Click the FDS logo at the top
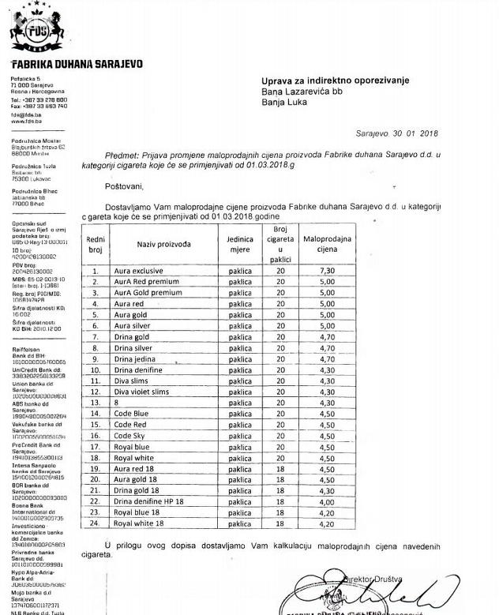(37, 31)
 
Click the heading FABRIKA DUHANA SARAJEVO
(77, 64)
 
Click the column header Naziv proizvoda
(164, 245)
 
